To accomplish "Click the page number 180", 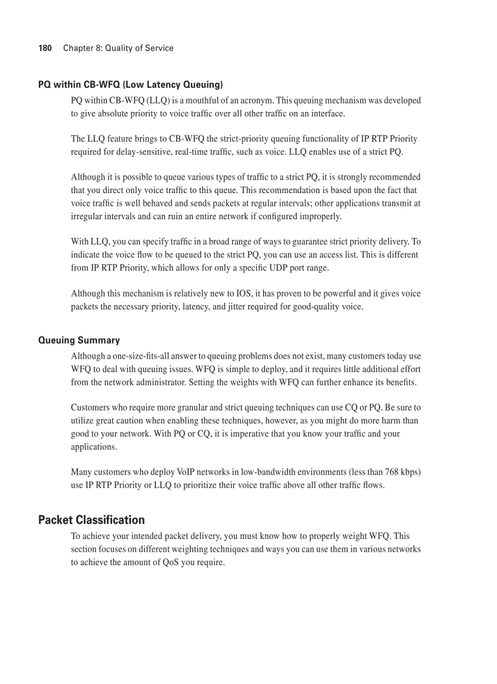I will pos(45,48).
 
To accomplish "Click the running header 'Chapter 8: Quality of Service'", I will pos(118,48).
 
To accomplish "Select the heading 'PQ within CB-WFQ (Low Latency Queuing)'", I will pos(130,84).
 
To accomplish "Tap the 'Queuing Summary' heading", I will pos(79,340).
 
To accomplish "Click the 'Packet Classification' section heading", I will pos(91,520).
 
